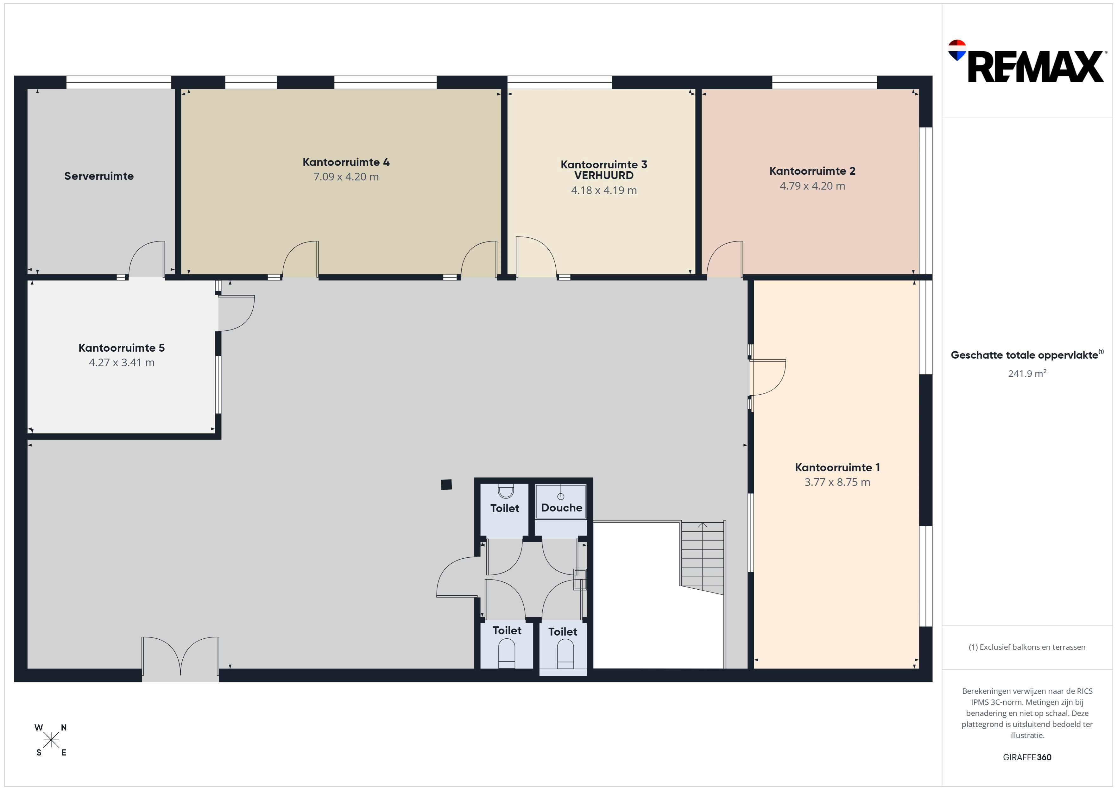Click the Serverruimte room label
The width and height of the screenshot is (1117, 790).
coord(99,176)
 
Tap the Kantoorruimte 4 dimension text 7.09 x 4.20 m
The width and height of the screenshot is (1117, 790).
coord(346,177)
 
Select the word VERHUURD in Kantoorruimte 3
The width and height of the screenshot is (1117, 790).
coord(604,176)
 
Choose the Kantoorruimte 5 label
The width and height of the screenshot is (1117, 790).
coord(122,348)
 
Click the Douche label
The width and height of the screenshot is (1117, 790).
coord(561,508)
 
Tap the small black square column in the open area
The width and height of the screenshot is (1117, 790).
coord(446,485)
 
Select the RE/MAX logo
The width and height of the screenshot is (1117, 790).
coord(1026,62)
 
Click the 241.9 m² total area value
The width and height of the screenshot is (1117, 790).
coord(1027,373)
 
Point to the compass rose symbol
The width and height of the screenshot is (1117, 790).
coord(51,740)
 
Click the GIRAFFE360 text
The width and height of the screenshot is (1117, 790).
coord(1027,757)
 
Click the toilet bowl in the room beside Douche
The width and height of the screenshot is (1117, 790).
coord(506,491)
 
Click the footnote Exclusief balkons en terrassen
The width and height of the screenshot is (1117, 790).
coord(1027,647)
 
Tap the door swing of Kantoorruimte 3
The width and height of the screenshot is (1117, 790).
coord(536,256)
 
